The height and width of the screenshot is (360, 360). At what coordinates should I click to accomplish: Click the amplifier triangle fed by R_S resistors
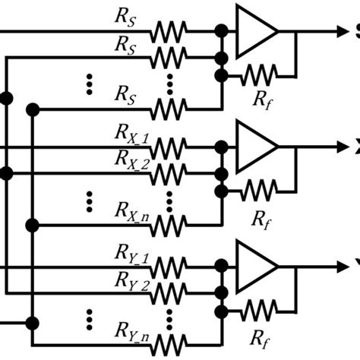tap(257, 32)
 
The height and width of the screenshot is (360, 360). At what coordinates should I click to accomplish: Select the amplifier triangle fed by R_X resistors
tap(257, 145)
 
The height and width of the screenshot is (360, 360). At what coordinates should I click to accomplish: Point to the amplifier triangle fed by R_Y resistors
tap(257, 267)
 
